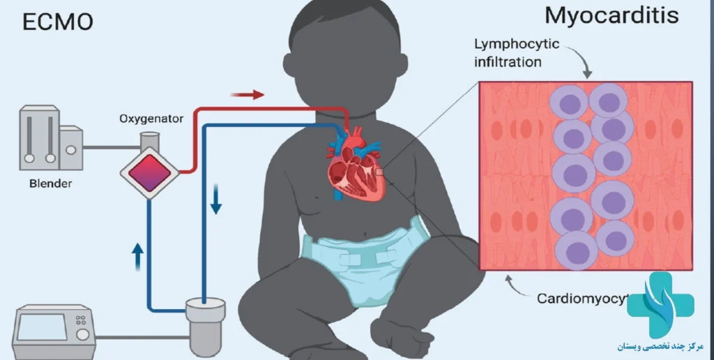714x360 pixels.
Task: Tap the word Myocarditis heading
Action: coord(612,15)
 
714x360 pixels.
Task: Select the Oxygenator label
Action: coord(151,119)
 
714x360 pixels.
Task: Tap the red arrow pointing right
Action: coord(248,94)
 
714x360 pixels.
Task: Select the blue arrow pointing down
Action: coord(215,201)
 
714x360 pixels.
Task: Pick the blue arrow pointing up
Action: coord(137,257)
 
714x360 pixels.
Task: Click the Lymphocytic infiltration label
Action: coord(517,53)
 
